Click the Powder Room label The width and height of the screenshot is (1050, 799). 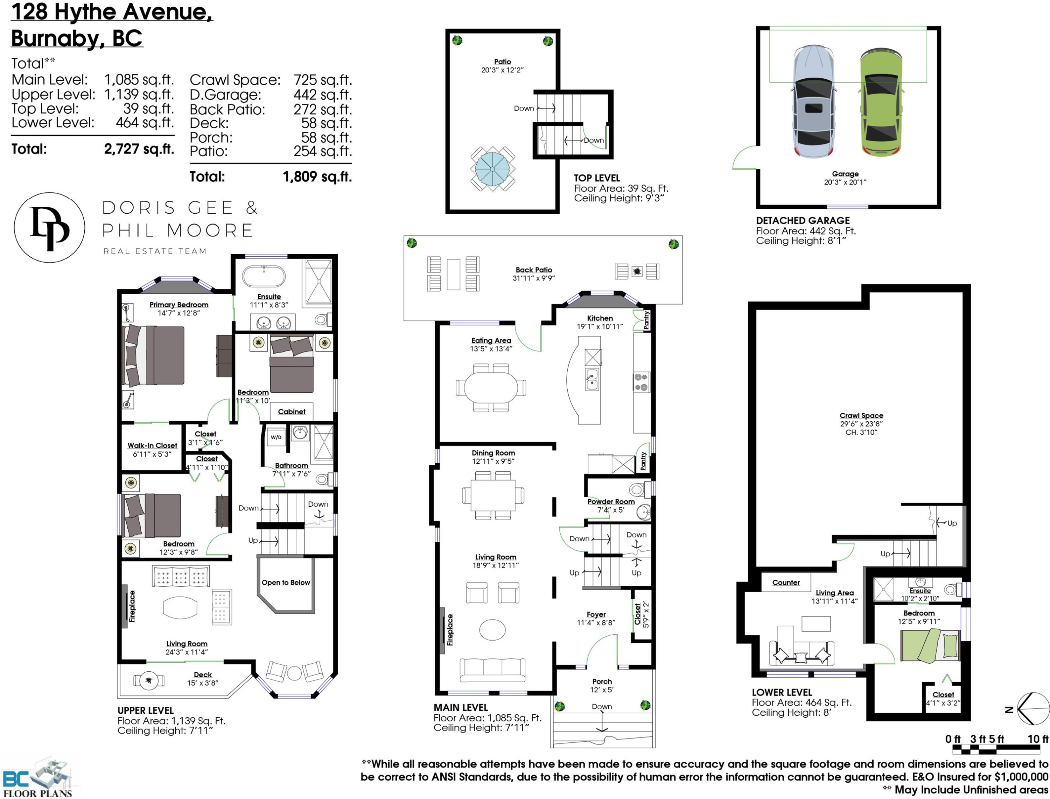[x=611, y=501]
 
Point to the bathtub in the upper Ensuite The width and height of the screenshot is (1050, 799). [x=264, y=276]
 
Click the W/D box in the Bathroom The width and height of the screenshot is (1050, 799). [x=276, y=437]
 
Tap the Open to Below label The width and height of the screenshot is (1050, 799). [x=286, y=582]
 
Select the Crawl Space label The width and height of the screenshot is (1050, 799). [x=861, y=415]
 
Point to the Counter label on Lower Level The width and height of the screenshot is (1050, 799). [x=786, y=582]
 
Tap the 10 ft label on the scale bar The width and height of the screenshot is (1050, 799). [x=1038, y=739]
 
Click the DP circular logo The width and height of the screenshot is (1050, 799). [x=49, y=228]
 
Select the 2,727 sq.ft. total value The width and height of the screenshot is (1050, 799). [x=139, y=149]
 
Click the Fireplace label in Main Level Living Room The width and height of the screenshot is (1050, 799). [x=450, y=630]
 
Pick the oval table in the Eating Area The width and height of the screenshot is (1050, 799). [x=491, y=387]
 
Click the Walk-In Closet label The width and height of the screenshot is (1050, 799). [x=152, y=445]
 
